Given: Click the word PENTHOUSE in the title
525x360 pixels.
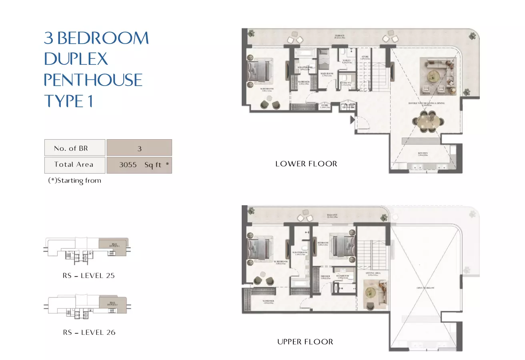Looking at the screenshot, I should click(93, 80).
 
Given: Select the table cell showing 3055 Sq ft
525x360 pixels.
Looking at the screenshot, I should click(139, 165).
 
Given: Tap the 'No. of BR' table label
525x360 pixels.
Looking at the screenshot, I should click(71, 148).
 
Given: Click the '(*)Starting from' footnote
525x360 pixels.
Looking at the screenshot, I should click(74, 180).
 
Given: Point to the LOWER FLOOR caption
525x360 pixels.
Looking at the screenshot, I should click(306, 164).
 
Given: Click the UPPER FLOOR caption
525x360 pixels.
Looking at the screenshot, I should click(305, 342).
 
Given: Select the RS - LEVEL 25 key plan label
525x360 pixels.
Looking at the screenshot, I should click(88, 276).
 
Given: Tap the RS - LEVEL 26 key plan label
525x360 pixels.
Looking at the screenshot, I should click(89, 332).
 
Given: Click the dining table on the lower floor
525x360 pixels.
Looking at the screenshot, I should click(427, 121).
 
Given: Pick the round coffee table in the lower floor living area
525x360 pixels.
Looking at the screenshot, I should click(432, 76).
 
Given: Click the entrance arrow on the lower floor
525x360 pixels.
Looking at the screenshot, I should click(353, 119).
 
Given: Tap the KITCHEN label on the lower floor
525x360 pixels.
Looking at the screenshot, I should click(423, 153).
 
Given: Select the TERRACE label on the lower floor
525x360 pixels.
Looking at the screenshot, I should click(340, 36).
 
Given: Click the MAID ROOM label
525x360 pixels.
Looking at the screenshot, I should click(327, 73).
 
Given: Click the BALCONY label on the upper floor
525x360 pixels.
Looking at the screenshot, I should click(331, 214).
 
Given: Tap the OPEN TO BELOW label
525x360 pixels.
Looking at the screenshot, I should click(425, 288).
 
